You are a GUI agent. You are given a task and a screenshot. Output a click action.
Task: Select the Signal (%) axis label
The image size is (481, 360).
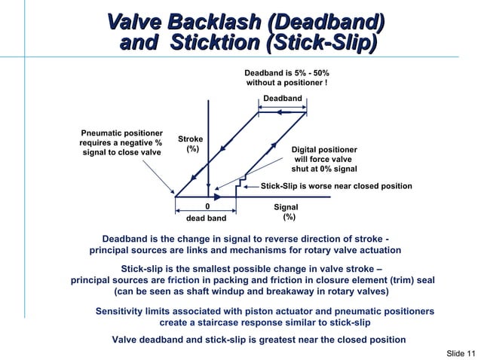[288, 212]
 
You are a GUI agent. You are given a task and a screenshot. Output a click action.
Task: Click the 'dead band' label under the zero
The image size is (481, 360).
[205, 220]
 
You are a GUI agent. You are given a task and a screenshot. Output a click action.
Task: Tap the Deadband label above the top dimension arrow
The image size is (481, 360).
[283, 99]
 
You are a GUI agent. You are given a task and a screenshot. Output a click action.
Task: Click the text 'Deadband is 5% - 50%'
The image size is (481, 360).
[286, 73]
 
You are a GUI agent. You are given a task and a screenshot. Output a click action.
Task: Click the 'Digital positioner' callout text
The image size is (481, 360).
[324, 149]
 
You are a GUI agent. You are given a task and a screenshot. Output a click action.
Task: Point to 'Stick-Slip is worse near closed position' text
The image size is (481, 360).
[336, 186]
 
